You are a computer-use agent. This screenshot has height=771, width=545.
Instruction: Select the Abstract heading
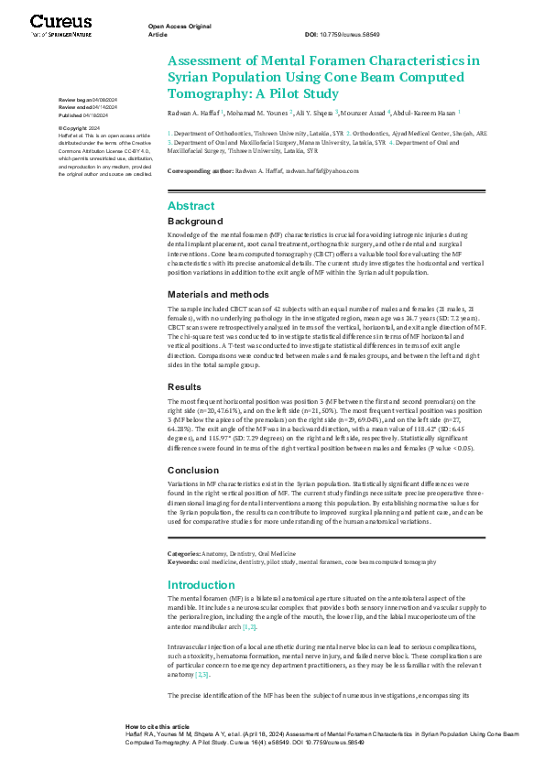[x=191, y=206]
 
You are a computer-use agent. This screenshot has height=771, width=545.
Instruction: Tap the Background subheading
[x=195, y=222]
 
